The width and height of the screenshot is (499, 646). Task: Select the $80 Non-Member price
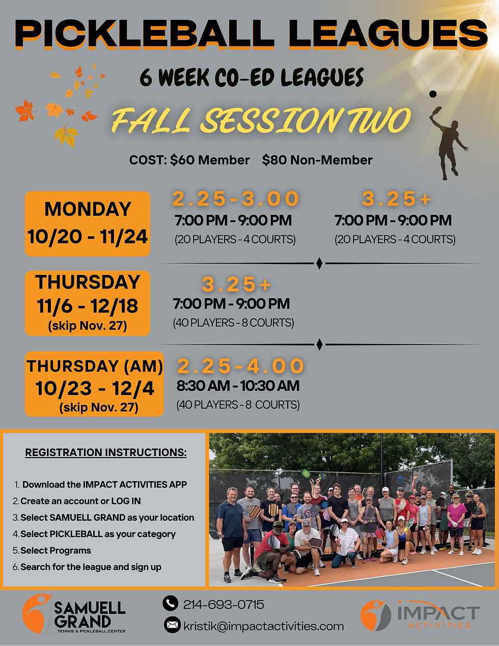[x=317, y=160]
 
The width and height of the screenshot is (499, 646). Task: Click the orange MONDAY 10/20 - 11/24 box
[x=88, y=223]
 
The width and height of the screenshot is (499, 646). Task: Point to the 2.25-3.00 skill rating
[x=235, y=199]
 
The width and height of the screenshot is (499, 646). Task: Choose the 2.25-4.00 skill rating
[x=240, y=366]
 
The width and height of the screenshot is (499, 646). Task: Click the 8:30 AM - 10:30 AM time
[x=238, y=386]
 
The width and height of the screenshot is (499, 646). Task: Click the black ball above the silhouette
[x=433, y=94]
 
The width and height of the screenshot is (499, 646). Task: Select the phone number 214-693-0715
[x=224, y=605]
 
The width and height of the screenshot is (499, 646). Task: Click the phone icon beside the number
[x=170, y=604]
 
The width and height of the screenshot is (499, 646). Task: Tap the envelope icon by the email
[x=172, y=625]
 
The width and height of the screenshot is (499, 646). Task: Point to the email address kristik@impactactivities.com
[x=263, y=626]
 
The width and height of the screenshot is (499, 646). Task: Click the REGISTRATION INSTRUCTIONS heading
[x=106, y=453]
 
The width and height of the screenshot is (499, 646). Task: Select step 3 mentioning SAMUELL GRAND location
[x=107, y=518]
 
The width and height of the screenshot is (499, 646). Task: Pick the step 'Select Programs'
[x=56, y=551]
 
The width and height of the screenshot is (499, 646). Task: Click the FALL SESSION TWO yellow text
[x=261, y=121]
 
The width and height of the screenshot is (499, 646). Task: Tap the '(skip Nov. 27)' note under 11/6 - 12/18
[x=88, y=326]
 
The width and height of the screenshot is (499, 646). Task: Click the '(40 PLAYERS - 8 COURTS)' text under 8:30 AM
[x=238, y=405]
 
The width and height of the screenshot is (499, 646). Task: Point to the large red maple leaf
[x=24, y=110]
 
